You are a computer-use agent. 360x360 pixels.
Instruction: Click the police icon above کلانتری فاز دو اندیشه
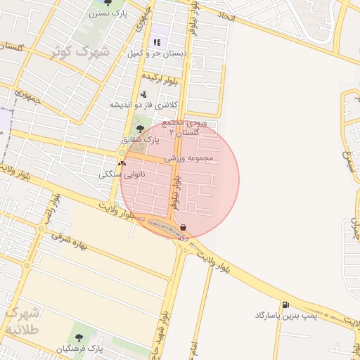click(144, 94)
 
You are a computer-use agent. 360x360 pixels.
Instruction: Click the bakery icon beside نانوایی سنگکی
click(122, 162)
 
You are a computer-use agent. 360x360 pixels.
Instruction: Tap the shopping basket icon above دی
click(184, 227)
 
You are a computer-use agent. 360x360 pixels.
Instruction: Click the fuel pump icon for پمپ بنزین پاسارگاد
click(285, 305)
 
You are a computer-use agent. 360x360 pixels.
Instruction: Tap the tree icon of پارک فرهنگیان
click(78, 337)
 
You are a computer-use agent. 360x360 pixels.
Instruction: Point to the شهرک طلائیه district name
click(22, 320)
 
